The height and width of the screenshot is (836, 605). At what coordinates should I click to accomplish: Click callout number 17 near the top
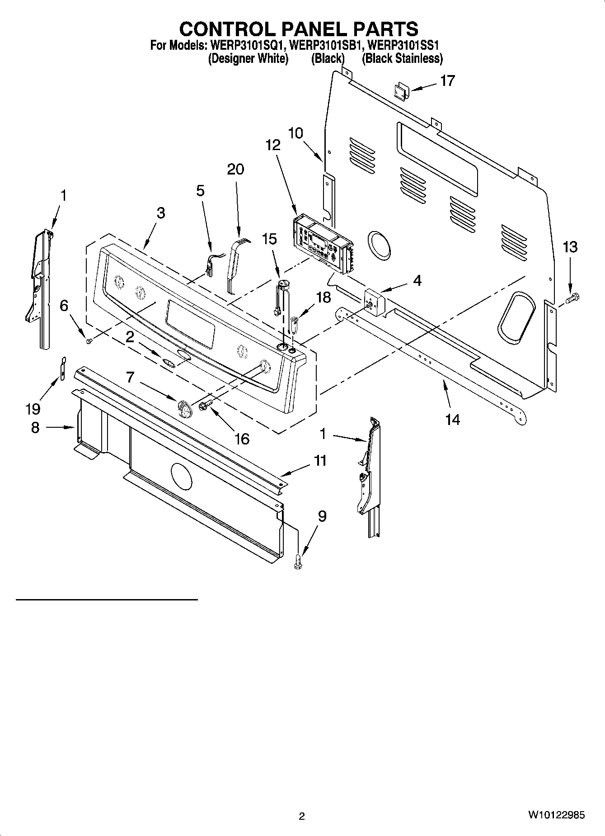pyautogui.click(x=447, y=81)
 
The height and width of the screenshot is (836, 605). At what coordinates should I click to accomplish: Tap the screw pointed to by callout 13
pyautogui.click(x=572, y=298)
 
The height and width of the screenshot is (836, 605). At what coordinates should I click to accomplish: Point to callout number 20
pyautogui.click(x=235, y=169)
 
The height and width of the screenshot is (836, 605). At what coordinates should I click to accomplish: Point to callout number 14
pyautogui.click(x=452, y=419)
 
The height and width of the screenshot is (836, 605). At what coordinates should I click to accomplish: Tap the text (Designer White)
pyautogui.click(x=248, y=58)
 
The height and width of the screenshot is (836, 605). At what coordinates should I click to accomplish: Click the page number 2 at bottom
pyautogui.click(x=302, y=816)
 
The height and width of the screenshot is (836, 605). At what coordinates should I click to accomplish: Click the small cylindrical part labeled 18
pyautogui.click(x=294, y=324)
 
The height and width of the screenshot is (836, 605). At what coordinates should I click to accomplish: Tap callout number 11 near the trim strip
pyautogui.click(x=320, y=461)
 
